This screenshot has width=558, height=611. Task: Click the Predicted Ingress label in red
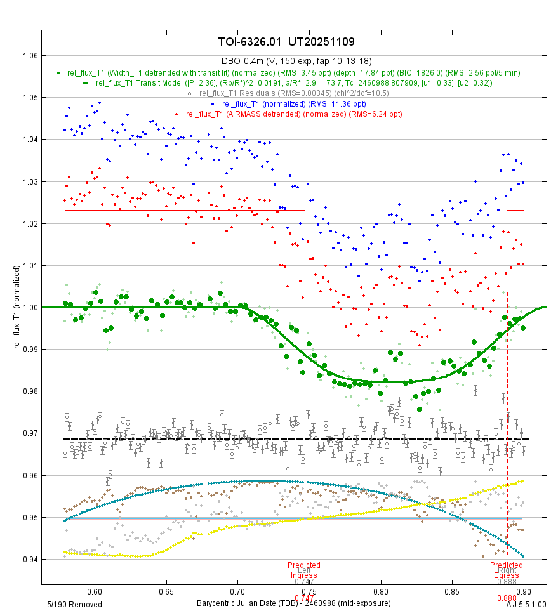point(303,569)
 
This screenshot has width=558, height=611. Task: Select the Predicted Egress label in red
point(507,569)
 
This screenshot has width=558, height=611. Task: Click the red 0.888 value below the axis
point(507,598)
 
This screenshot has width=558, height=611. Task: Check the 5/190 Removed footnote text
point(74,604)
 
